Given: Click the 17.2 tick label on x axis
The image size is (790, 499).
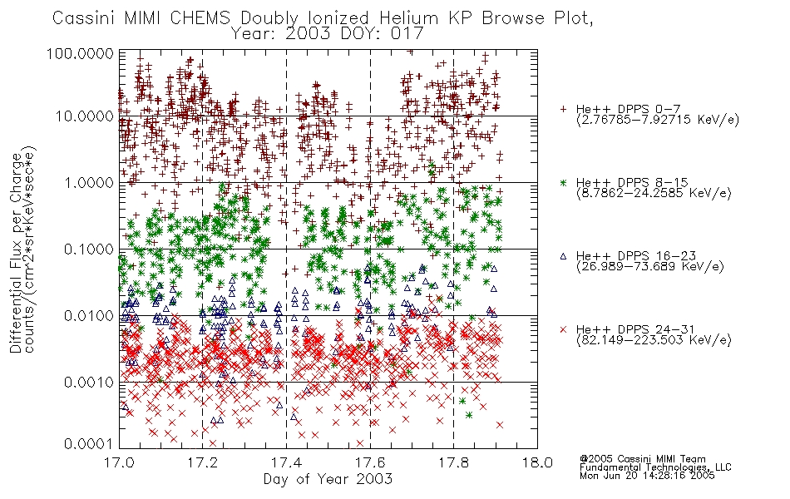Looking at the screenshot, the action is (x=203, y=462).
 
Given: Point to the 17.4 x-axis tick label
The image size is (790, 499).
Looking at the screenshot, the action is (x=286, y=462).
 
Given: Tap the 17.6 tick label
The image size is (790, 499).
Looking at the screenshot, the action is (x=370, y=462).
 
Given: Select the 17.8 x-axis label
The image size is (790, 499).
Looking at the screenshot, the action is (x=453, y=462).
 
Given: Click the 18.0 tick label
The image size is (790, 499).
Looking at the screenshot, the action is (x=537, y=462).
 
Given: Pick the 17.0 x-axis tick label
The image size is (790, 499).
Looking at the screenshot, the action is (x=119, y=462).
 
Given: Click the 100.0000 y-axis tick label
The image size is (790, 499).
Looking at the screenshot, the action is (x=80, y=53).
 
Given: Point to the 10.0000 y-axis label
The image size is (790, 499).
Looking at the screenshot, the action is (x=85, y=116).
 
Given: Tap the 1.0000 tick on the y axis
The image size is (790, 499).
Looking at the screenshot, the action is (x=89, y=182).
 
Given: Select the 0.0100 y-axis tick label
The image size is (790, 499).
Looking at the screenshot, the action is (x=89, y=316).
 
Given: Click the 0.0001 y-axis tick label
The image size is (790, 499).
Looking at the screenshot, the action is (x=89, y=444).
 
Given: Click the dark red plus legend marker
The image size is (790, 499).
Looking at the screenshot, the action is (x=563, y=109).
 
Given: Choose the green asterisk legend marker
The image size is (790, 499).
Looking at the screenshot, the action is (x=563, y=182).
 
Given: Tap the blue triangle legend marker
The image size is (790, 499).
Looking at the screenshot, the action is (x=563, y=256).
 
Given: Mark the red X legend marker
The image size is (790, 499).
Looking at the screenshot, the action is (x=563, y=329).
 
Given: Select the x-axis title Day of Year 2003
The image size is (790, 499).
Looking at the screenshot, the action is (x=328, y=479).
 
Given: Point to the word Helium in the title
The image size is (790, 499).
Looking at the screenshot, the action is (x=408, y=18).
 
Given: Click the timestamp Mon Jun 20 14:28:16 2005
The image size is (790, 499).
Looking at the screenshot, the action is (x=647, y=476).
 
